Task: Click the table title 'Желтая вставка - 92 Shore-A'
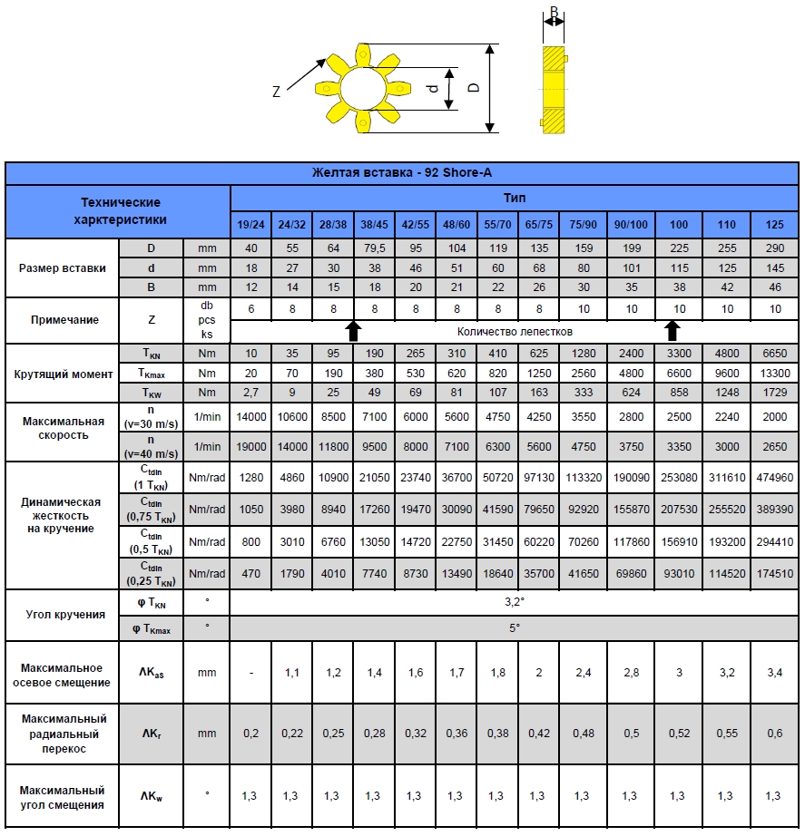(402, 173)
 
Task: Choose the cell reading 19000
(251, 446)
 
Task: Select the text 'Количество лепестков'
(515, 332)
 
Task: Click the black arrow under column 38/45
(354, 329)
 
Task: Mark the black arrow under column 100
(672, 329)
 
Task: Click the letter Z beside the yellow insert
(277, 92)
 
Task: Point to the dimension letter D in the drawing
(473, 88)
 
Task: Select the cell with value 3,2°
(515, 601)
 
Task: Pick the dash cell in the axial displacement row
(251, 673)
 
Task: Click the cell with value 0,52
(677, 733)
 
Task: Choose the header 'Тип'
(515, 198)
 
